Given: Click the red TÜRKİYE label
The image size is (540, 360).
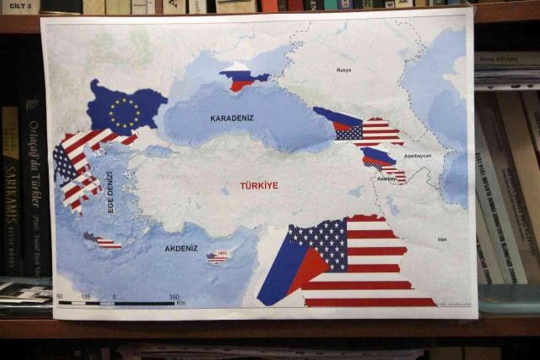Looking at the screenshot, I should pos(259,185).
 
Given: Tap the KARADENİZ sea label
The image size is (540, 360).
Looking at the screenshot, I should pos(232,118).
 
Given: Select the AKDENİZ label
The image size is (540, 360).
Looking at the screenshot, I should pos(181,248).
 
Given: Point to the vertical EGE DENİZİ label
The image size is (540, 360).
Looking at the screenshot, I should pos(110,192).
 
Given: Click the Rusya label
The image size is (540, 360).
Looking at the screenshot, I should pos(344,70).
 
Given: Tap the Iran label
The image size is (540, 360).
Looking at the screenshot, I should pos(442,239).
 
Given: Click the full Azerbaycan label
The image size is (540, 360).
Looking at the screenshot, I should pos(417,156).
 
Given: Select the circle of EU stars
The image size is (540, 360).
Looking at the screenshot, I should pos(124,112).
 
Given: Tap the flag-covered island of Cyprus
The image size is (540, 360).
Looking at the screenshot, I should pos(217,257).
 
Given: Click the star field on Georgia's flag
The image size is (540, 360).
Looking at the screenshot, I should pos(348,132).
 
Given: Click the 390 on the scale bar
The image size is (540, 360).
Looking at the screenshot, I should pos(174,297).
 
